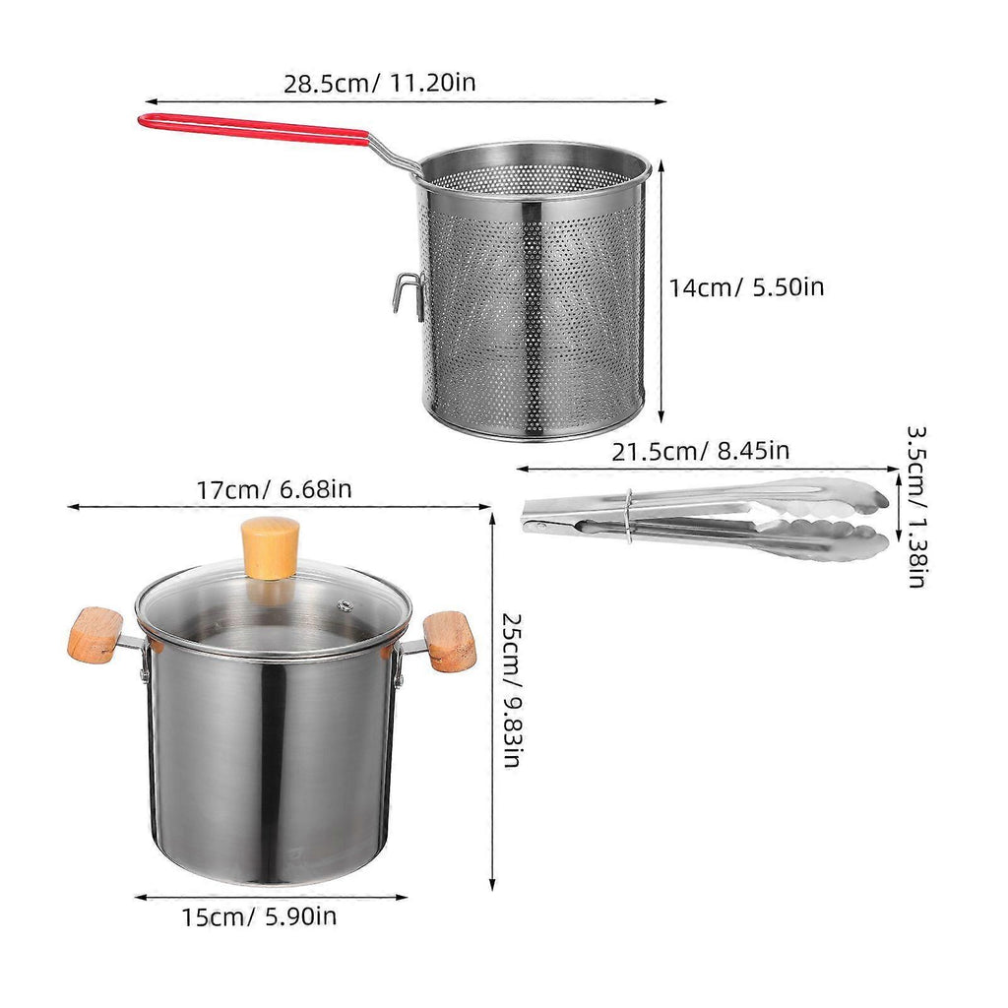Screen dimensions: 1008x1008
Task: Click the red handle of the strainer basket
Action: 254,128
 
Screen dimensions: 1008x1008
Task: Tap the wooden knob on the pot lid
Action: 270,547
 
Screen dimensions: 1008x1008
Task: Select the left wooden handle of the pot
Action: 94,634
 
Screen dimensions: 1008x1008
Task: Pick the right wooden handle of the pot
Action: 450,641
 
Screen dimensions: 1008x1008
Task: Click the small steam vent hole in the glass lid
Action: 346,605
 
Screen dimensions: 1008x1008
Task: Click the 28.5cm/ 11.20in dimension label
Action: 379,83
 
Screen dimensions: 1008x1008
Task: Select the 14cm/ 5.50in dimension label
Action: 746,286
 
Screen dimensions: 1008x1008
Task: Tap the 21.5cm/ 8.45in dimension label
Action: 700,451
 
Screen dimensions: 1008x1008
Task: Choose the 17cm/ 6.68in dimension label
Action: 274,489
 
